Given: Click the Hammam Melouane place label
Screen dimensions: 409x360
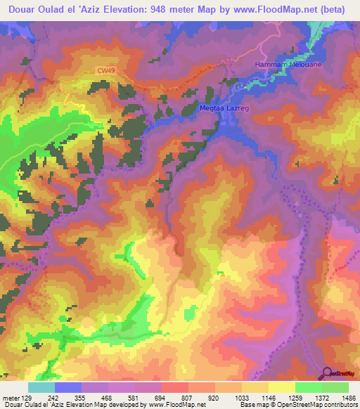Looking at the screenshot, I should coord(282,64).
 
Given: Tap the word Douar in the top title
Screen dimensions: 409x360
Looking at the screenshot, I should coord(23,10).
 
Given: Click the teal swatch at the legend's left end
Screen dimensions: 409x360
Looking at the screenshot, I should coord(41,387).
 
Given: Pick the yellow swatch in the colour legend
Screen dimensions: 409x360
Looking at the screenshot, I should coord(281,387).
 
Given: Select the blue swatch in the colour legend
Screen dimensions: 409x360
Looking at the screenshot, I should coord(68,387).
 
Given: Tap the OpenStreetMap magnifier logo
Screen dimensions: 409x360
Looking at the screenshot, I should coord(328,372).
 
